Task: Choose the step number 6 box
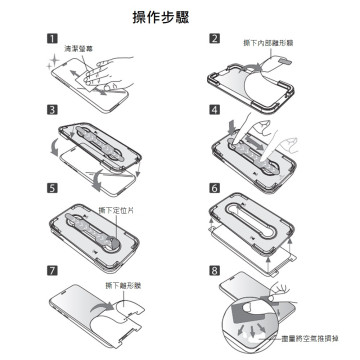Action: click(214, 187)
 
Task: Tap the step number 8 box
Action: click(214, 270)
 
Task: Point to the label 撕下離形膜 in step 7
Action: click(122, 285)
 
